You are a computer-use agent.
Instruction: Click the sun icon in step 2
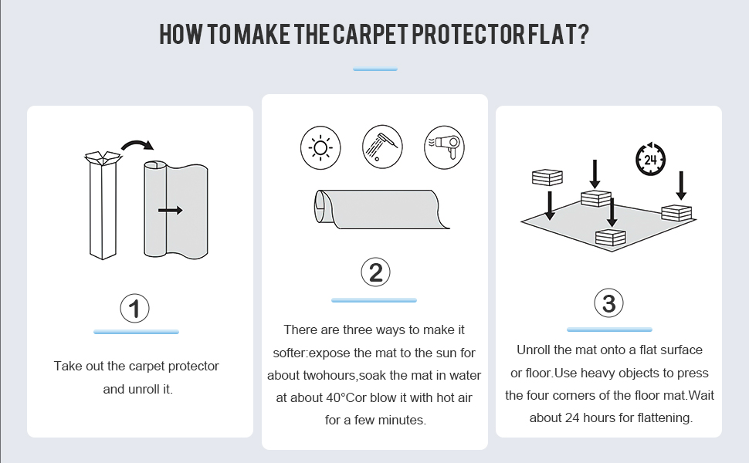click(320, 147)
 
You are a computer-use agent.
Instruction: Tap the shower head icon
click(382, 147)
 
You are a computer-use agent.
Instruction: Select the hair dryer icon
click(444, 147)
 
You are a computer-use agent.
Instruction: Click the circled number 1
click(134, 309)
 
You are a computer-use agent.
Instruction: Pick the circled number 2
click(375, 272)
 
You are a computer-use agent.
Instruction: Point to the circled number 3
click(609, 302)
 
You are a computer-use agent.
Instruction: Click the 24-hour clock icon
click(651, 159)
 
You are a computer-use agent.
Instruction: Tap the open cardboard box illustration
click(103, 205)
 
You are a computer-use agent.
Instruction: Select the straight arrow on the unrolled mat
click(170, 210)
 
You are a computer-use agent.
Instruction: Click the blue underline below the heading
click(375, 69)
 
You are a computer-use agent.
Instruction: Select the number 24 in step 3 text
click(572, 417)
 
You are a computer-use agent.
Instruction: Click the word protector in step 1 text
click(194, 367)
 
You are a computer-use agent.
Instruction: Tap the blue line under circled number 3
click(609, 330)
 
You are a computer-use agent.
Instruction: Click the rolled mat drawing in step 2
click(381, 209)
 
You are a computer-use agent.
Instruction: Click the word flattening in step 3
click(665, 418)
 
